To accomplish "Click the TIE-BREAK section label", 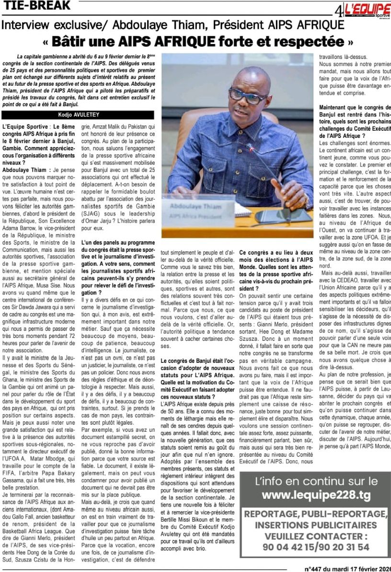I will pyautogui.click(x=36, y=6).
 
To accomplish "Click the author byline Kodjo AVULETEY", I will pyautogui.click(x=78, y=115).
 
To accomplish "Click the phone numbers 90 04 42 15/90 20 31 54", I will pyautogui.click(x=316, y=547).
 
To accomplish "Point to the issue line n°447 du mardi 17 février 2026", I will pyautogui.click(x=347, y=569).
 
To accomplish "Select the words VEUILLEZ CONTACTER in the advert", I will pyautogui.click(x=316, y=536).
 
